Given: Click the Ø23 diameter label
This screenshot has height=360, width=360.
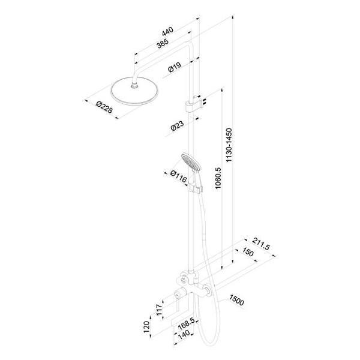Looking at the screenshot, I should click(x=176, y=125).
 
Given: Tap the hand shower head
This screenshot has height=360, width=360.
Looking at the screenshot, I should click(x=190, y=162).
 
